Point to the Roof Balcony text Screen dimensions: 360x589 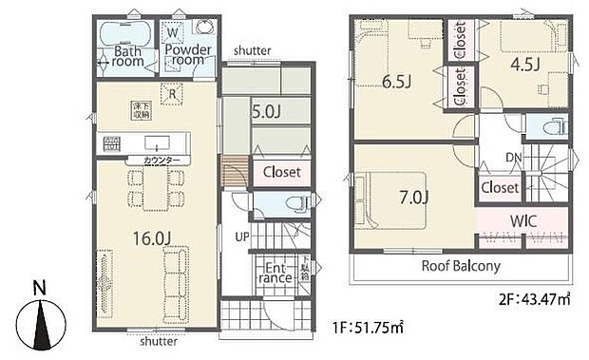pyautogui.click(x=461, y=266)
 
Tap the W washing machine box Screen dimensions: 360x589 pyautogui.click(x=173, y=29)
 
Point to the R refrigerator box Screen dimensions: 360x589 pyautogui.click(x=172, y=93)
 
